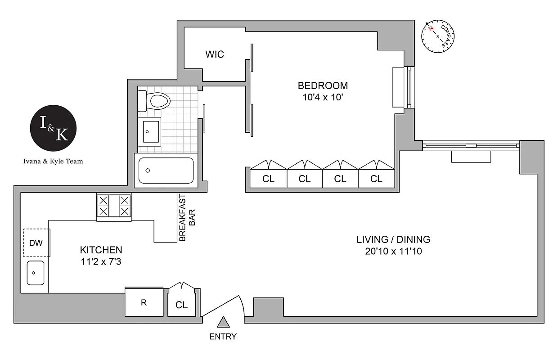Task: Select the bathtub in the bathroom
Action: (166, 170)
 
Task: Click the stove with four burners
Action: (114, 206)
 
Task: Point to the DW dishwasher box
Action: (36, 243)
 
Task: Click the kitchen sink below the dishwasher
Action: (35, 273)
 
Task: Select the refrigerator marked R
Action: (144, 302)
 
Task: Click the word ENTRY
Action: (223, 336)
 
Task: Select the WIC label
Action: (215, 54)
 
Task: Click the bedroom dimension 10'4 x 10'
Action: (323, 97)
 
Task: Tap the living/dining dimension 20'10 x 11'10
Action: (393, 252)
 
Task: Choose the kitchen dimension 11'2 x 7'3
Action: (101, 261)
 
